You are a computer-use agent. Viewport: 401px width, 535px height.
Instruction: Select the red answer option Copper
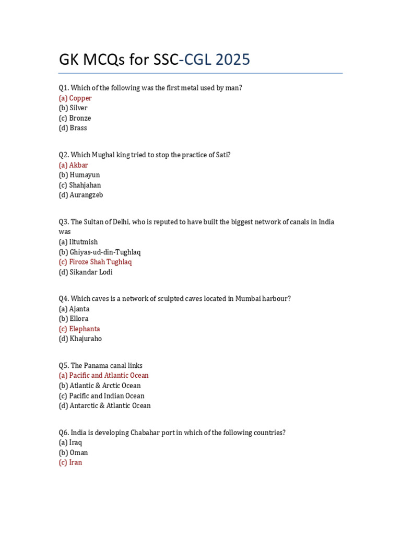click(x=75, y=98)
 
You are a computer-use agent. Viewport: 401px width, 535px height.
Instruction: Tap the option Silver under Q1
click(x=73, y=108)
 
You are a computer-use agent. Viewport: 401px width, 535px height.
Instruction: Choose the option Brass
click(x=73, y=128)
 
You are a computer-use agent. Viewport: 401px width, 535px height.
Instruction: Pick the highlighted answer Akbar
click(x=73, y=165)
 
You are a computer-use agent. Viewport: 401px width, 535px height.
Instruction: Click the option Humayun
click(x=79, y=175)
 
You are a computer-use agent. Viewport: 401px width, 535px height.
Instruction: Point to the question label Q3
click(x=64, y=222)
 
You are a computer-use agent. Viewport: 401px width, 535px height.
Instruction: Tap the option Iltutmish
click(x=78, y=242)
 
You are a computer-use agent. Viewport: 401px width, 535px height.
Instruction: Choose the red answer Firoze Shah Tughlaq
click(x=95, y=262)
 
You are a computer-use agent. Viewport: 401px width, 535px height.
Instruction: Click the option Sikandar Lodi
click(x=86, y=272)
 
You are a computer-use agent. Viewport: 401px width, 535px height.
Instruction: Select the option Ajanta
click(x=74, y=309)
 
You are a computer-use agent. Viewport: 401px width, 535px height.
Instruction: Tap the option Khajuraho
click(x=80, y=339)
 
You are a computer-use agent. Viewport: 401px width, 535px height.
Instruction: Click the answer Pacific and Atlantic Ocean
click(x=103, y=376)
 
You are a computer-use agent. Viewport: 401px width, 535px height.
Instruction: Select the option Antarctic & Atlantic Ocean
click(x=104, y=406)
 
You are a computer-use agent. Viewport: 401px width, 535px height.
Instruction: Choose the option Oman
click(x=74, y=452)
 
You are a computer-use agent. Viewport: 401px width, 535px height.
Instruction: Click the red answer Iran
click(x=70, y=462)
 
